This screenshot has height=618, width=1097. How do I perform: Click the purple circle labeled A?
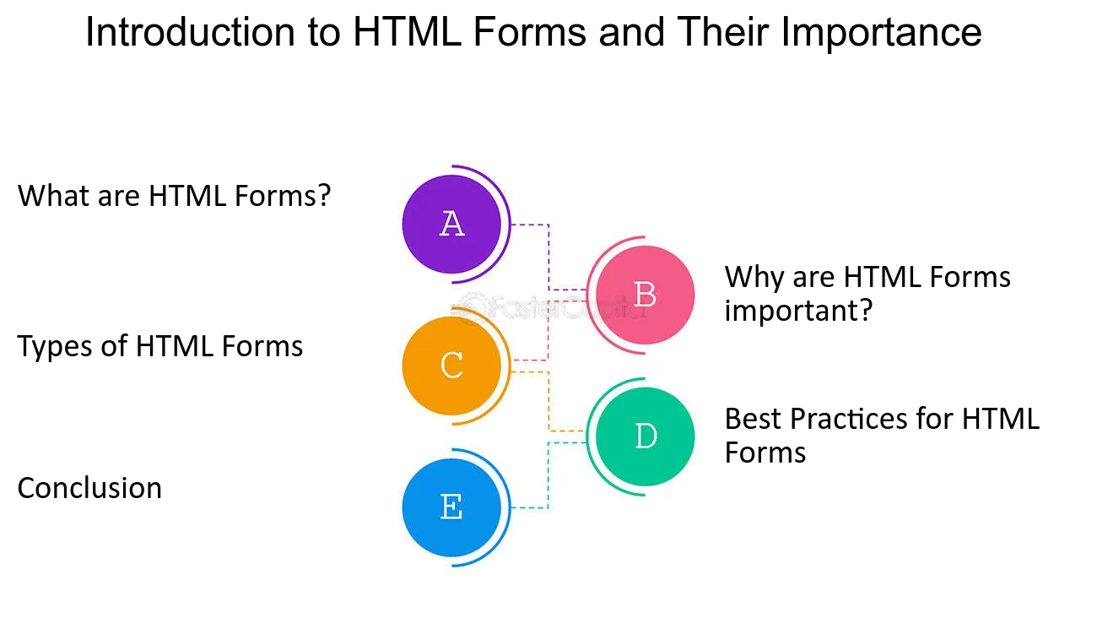pyautogui.click(x=451, y=224)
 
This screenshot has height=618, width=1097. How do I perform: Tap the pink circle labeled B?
pyautogui.click(x=645, y=295)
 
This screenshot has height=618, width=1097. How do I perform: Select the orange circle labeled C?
pyautogui.click(x=451, y=366)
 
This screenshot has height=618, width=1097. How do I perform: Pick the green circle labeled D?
pyautogui.click(x=645, y=436)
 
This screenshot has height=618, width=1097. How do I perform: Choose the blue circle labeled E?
pyautogui.click(x=451, y=507)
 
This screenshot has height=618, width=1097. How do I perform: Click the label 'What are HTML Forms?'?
pyautogui.click(x=175, y=196)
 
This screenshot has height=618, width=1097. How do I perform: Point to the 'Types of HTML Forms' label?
pyautogui.click(x=160, y=347)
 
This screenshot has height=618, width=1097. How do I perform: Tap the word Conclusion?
pyautogui.click(x=89, y=488)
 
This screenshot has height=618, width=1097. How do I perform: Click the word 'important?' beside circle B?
pyautogui.click(x=799, y=311)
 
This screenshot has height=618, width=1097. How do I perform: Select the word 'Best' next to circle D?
pyautogui.click(x=754, y=419)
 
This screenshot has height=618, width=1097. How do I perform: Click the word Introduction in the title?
pyautogui.click(x=190, y=32)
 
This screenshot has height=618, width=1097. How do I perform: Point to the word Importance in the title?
pyautogui.click(x=881, y=33)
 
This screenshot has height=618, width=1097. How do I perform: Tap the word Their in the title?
pyautogui.click(x=723, y=32)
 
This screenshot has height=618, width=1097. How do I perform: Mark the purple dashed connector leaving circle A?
pyautogui.click(x=548, y=257)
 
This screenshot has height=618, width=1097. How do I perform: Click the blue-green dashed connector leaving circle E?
pyautogui.click(x=548, y=475)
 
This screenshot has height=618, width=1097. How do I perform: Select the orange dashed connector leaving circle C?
pyautogui.click(x=548, y=402)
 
